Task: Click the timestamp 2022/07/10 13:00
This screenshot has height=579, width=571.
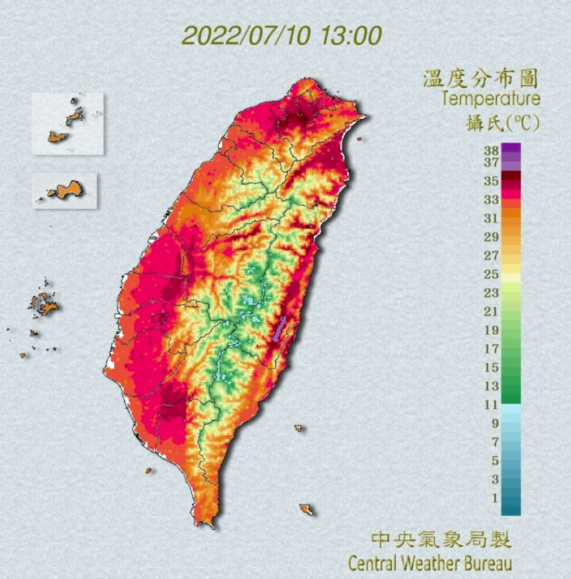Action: (282, 36)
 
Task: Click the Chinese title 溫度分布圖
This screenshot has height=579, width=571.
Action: (480, 78)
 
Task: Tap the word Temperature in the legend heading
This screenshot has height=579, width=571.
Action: (491, 99)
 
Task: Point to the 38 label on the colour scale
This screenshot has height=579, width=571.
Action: (491, 150)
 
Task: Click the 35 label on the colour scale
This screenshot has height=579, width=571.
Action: (491, 181)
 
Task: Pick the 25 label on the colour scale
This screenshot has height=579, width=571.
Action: (491, 274)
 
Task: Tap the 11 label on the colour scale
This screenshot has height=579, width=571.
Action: (491, 405)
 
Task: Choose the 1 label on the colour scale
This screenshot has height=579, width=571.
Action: (495, 498)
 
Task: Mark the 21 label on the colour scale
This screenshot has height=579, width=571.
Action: (491, 312)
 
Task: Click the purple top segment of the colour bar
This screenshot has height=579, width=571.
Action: (511, 148)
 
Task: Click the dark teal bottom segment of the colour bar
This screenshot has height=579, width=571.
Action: (511, 511)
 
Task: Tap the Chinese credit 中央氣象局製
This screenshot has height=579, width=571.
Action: (441, 540)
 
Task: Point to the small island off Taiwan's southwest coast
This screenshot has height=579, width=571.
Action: (148, 470)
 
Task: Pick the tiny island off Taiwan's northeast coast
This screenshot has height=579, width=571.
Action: (358, 139)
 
